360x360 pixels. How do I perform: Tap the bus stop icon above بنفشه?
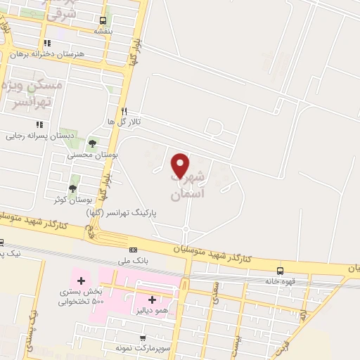(103, 21)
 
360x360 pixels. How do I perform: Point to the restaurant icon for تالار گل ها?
(124, 111)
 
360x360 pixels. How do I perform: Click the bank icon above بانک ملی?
(133, 250)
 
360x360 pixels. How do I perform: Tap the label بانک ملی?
(134, 259)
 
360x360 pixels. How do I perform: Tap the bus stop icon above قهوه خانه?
(281, 270)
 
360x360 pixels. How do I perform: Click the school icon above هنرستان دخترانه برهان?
(47, 43)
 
